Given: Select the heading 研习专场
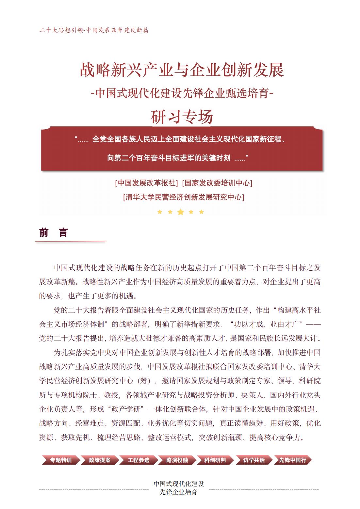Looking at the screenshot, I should [182, 117].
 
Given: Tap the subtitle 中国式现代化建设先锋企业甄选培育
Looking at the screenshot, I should [182, 93].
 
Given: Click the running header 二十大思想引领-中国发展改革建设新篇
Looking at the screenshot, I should [94, 30].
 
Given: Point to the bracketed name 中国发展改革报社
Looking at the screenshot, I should [147, 183].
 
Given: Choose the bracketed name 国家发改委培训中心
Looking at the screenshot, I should [217, 183].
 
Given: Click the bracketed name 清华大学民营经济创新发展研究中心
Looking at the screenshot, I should [183, 197].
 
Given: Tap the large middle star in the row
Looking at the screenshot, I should [180, 212].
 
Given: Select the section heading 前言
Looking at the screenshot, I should [53, 232].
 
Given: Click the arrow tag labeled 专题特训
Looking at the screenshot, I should [61, 460].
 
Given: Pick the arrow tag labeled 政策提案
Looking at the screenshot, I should [100, 460].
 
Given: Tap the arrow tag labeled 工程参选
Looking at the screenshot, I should [139, 460].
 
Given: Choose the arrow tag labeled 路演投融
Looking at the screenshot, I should [177, 460].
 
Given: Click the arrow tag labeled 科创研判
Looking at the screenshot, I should [215, 460].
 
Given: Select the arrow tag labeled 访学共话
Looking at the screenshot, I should [254, 460].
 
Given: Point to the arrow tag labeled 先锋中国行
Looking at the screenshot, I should [292, 460].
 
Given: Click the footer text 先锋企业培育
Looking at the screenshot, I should [178, 492].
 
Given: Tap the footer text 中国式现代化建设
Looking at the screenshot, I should [179, 484].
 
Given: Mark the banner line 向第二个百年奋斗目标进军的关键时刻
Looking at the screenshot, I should [169, 158].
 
